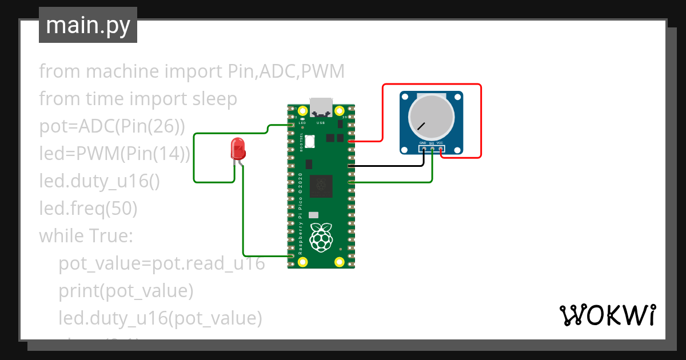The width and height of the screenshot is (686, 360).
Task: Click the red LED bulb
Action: [x=237, y=149]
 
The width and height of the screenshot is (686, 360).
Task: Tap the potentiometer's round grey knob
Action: [x=431, y=117]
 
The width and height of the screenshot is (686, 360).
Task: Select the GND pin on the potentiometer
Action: [x=424, y=149]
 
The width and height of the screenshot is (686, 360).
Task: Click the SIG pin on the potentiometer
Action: [x=432, y=149]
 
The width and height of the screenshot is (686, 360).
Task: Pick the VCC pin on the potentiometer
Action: [x=441, y=149]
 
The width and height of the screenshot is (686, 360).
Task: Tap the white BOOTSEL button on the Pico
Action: [x=310, y=141]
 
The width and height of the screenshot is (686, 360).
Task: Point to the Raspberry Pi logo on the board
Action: [x=321, y=237]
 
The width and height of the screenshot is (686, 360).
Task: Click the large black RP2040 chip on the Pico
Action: [x=321, y=186]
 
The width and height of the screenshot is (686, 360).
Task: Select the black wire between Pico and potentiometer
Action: [x=389, y=166]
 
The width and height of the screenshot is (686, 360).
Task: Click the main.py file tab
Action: [x=88, y=25]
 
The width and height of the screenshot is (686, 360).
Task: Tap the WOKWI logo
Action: [x=607, y=315]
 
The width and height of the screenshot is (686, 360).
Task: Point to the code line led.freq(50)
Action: [x=88, y=209]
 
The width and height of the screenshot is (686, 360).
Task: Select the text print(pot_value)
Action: [x=126, y=291]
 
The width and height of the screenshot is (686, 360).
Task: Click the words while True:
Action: [x=86, y=236]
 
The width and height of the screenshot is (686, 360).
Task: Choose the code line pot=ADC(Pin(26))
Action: [x=112, y=126]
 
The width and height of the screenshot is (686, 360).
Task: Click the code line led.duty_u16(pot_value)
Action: [x=160, y=318]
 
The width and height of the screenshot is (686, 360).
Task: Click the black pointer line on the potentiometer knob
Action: [x=421, y=126]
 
